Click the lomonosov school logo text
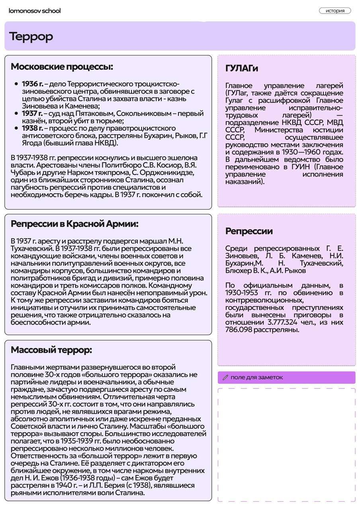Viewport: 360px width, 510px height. pyautogui.click(x=35, y=11)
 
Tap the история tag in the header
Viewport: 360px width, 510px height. pyautogui.click(x=335, y=11)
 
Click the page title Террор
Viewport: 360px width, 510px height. pyautogui.click(x=31, y=36)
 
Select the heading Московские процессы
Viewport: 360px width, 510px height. pyautogui.click(x=62, y=67)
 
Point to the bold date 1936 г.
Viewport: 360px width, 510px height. pyautogui.click(x=32, y=84)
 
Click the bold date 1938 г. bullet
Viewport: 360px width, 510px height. pyautogui.click(x=32, y=128)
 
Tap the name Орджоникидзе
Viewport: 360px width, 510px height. pyautogui.click(x=172, y=173)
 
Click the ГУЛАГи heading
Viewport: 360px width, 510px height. pyautogui.click(x=242, y=69)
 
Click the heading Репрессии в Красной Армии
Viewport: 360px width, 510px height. pyautogui.click(x=74, y=224)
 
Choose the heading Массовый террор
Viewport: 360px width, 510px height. pyautogui.click(x=51, y=350)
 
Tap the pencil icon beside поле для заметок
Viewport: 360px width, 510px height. pyautogui.click(x=225, y=377)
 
